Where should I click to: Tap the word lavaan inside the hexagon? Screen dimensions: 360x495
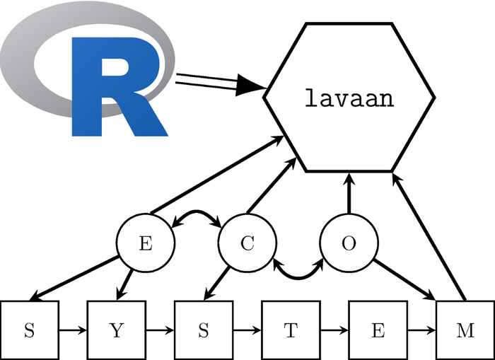click(x=349, y=98)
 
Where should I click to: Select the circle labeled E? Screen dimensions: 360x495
click(x=145, y=244)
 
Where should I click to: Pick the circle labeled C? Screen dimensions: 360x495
click(x=247, y=244)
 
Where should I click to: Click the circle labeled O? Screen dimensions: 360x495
click(x=349, y=244)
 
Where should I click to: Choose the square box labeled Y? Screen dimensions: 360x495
click(x=116, y=330)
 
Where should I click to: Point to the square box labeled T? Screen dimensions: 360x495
click(x=291, y=330)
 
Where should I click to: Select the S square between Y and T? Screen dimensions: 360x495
click(x=204, y=330)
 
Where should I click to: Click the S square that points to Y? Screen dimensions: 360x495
click(x=29, y=330)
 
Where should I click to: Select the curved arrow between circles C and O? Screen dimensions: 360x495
click(x=298, y=270)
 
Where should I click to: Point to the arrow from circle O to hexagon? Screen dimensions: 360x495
click(x=349, y=194)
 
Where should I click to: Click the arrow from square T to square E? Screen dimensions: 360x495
click(x=334, y=330)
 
